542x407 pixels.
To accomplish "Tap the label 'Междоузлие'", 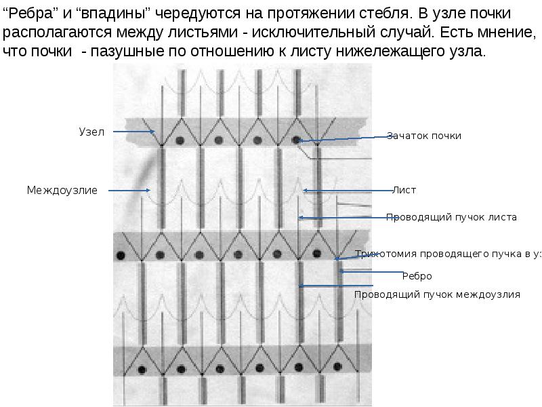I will (62, 191).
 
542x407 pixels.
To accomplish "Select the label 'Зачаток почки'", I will (424, 136).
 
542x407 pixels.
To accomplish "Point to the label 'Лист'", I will (404, 191).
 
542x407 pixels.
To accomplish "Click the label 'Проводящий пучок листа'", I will (451, 218).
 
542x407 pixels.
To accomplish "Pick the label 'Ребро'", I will (417, 276).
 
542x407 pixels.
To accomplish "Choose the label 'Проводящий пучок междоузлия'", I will (437, 294).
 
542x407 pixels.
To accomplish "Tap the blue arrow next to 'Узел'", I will (133, 132).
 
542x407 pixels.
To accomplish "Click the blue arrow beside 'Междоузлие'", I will (127, 191).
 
